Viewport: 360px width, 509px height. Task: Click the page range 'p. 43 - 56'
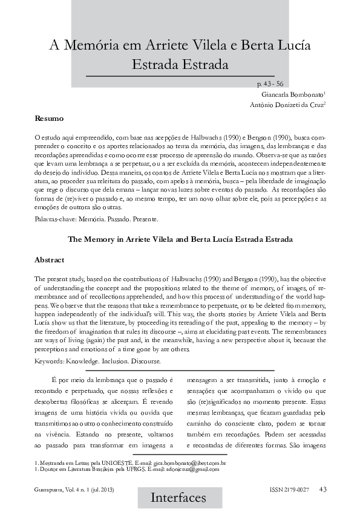tap(270, 84)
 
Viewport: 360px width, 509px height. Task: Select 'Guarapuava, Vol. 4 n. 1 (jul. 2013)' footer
tap(74, 488)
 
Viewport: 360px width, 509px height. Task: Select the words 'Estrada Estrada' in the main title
tap(180, 64)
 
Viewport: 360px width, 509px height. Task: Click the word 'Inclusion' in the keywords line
tap(124, 361)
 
